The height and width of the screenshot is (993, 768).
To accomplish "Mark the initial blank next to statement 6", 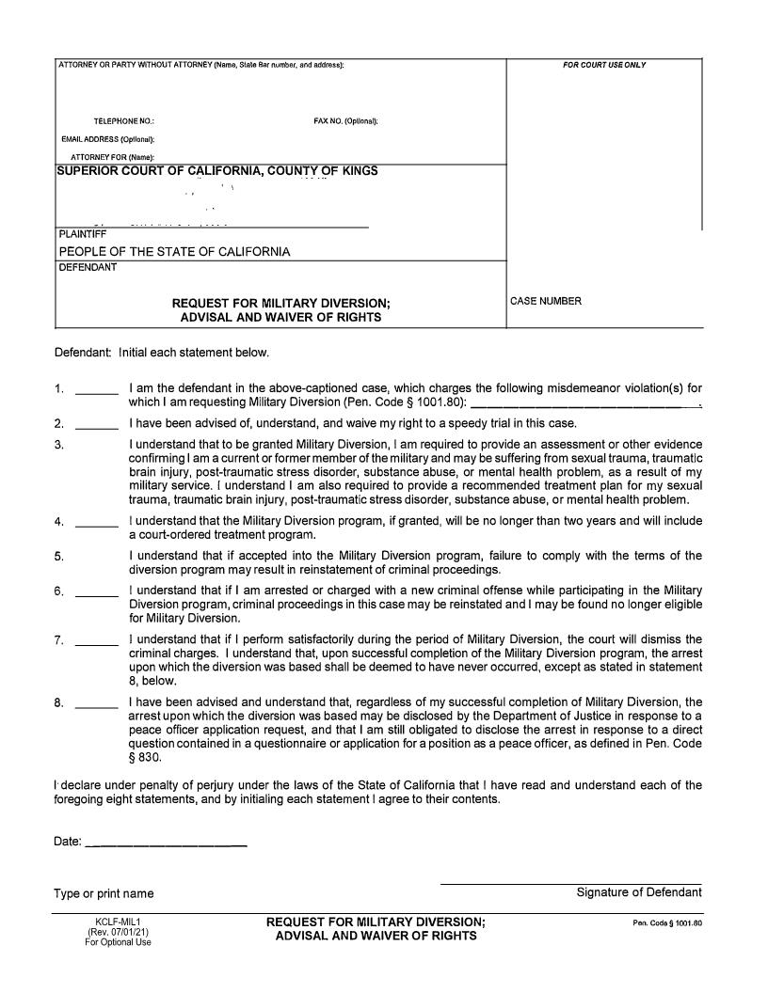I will point(96,593).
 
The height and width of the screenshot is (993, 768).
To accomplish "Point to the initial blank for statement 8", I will point(96,704).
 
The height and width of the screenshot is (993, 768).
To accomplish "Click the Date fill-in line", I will point(166,845).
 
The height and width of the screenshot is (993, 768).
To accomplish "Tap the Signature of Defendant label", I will point(639,892).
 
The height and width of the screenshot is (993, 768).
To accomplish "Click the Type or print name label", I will point(104,893).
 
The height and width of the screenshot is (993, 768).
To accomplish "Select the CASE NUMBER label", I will point(546,301).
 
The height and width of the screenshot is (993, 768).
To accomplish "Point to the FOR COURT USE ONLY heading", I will point(604,65).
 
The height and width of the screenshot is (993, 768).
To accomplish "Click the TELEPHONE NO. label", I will point(124,122).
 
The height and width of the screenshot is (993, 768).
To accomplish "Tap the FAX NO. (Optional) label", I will point(345,122).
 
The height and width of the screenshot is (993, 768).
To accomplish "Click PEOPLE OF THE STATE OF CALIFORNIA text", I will point(175,251).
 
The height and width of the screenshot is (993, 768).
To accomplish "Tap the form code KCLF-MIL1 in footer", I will point(118,922).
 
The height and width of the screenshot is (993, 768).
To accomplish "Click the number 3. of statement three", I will point(59,445).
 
